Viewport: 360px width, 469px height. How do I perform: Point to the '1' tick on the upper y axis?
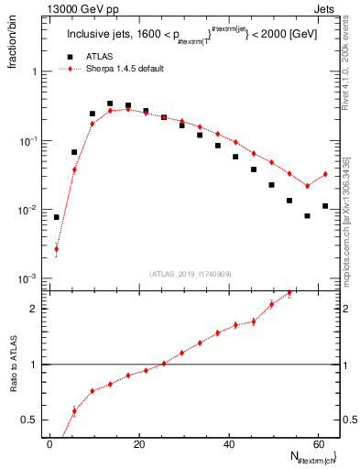click(38, 71)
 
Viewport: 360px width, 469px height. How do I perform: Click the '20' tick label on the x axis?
click(138, 443)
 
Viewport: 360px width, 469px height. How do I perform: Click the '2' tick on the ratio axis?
click(38, 309)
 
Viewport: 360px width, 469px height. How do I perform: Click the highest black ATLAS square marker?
click(110, 104)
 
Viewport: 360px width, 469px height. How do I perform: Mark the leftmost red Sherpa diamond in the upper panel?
click(57, 248)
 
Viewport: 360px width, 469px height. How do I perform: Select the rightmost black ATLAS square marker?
click(325, 206)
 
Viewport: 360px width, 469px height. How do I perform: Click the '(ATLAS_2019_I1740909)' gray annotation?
click(191, 272)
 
